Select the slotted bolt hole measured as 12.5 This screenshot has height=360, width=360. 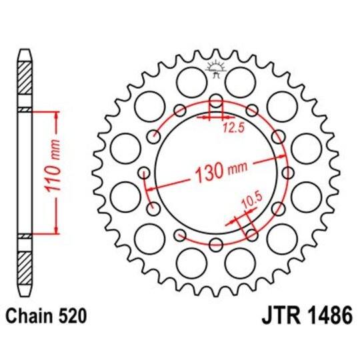(x=215, y=103)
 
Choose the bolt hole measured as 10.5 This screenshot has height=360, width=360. (x=251, y=234)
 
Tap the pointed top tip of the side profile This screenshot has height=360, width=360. (x=25, y=51)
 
